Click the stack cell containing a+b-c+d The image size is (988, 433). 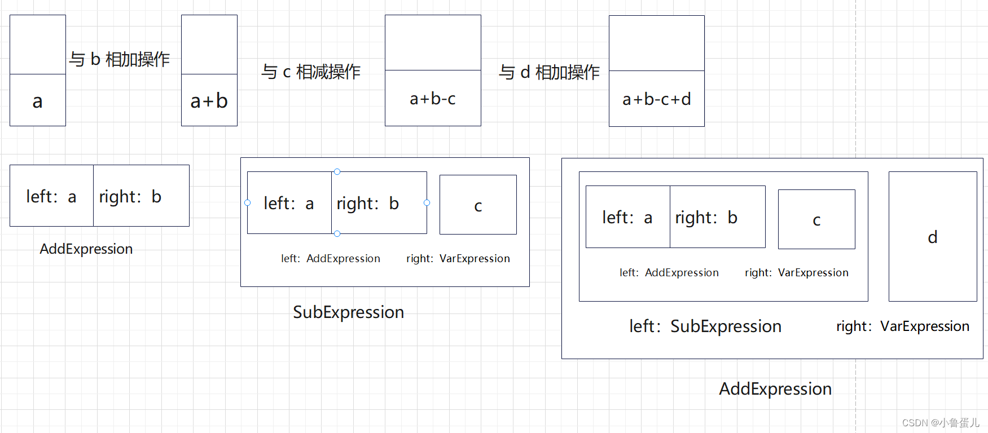pos(656,99)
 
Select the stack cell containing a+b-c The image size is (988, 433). pos(433,99)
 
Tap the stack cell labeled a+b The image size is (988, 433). pos(209,100)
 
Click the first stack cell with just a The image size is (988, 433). pos(37,101)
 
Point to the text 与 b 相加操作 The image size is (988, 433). pos(120,59)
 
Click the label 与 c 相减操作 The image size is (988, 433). pos(311,72)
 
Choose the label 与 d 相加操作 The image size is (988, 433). pos(549,72)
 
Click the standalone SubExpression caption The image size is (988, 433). pos(348,312)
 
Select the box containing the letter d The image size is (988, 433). pos(932,237)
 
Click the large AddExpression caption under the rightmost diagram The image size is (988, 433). pos(775,388)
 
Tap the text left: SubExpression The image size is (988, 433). pos(705,326)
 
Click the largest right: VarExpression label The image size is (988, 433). pos(902,326)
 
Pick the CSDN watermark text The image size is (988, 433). pos(940,422)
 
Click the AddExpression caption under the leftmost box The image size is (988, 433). pos(86,249)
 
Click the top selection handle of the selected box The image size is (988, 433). pos(337,171)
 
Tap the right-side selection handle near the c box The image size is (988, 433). pos(427,202)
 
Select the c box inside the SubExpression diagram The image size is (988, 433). pos(478,205)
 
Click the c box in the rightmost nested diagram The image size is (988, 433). pos(816,219)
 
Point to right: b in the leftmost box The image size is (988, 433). pos(130,196)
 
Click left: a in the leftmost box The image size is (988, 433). pos(51,196)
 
